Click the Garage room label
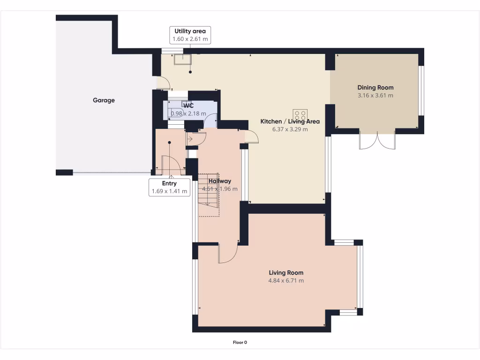click(x=104, y=100)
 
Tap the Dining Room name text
click(x=375, y=88)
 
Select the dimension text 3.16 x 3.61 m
click(x=375, y=96)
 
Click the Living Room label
click(x=286, y=273)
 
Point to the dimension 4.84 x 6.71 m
click(x=286, y=281)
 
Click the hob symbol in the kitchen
click(x=300, y=115)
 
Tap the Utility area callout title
click(x=190, y=31)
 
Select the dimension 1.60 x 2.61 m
click(x=190, y=39)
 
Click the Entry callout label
click(x=169, y=183)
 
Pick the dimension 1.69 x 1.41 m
click(x=169, y=191)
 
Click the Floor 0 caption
click(x=240, y=343)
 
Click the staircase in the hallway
click(x=209, y=195)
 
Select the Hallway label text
click(x=220, y=181)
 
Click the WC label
click(x=188, y=105)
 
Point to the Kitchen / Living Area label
click(x=290, y=121)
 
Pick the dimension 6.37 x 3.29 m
click(x=290, y=129)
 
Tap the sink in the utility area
click(x=183, y=60)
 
